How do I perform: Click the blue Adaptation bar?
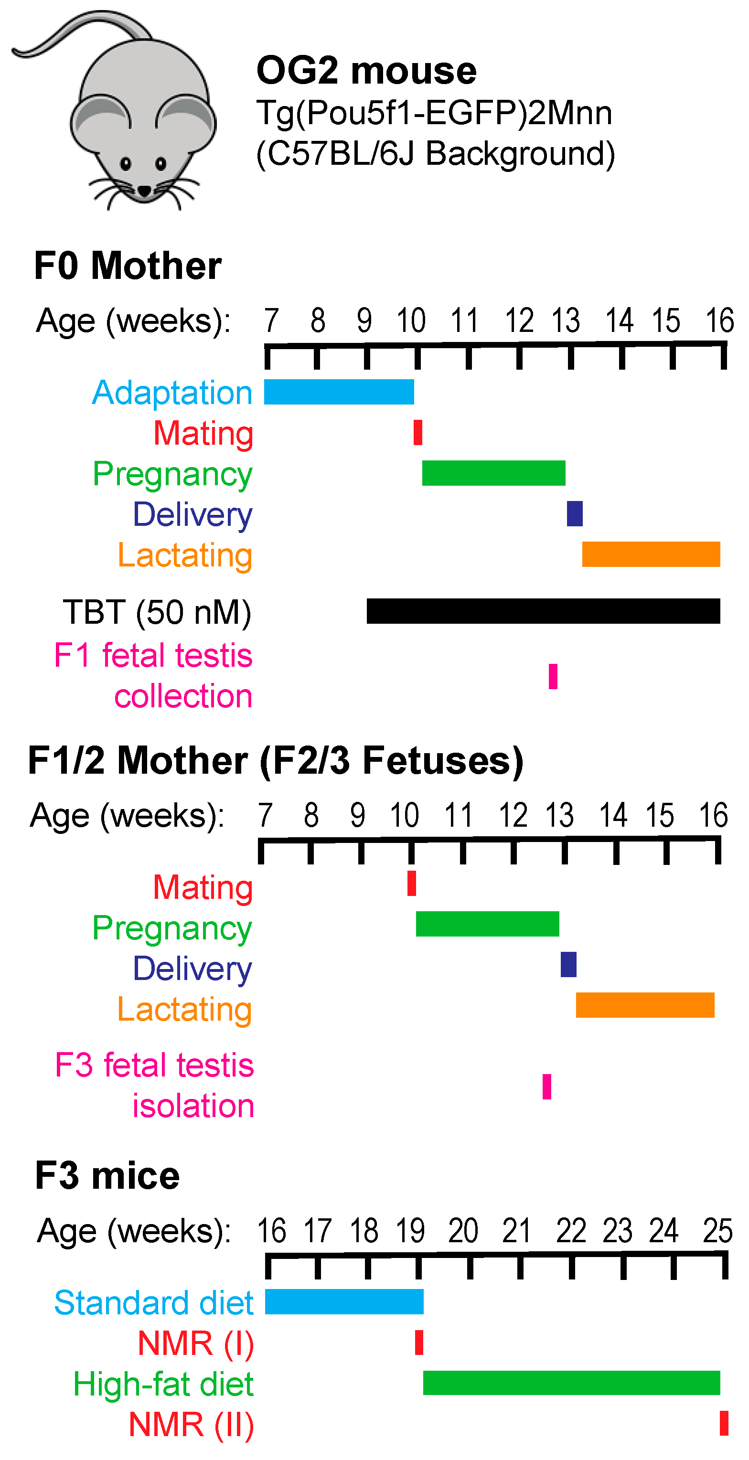point(339,392)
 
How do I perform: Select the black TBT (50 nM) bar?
point(543,611)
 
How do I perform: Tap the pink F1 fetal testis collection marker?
point(553,676)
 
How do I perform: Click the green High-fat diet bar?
point(571,1382)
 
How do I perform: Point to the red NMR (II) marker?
point(724,1423)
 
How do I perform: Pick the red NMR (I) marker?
point(419,1342)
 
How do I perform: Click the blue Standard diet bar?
point(344,1301)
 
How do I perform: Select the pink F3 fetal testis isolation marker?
point(546,1087)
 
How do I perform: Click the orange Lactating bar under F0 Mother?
point(651,554)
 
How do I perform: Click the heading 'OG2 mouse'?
point(366,71)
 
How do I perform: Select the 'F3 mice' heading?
point(107,1175)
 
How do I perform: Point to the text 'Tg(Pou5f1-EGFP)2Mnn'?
point(434,113)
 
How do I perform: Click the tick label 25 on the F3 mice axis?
point(717,1231)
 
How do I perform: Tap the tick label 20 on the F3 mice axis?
point(463,1231)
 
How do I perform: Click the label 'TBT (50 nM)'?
point(157,612)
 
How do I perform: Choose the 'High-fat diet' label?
point(163,1384)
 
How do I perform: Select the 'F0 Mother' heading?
point(128,265)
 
